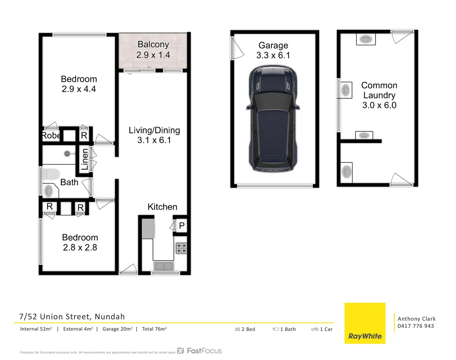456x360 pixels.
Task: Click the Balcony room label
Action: click(x=153, y=44)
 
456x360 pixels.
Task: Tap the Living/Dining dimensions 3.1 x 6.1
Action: click(x=154, y=140)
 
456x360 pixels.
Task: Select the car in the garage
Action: click(x=273, y=119)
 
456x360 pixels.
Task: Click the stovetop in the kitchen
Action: click(x=181, y=248)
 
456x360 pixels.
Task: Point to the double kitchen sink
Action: click(x=164, y=266)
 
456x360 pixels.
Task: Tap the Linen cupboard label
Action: click(x=85, y=159)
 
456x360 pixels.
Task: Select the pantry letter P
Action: click(x=182, y=226)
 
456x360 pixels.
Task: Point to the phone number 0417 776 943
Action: click(x=416, y=326)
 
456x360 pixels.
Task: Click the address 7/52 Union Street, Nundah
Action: click(x=72, y=316)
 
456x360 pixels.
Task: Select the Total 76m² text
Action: click(x=154, y=329)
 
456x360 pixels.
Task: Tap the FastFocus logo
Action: click(x=200, y=351)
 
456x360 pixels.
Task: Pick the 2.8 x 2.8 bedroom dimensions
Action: click(x=80, y=247)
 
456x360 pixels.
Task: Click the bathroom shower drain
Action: click(x=67, y=154)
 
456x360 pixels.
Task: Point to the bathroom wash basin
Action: click(x=49, y=191)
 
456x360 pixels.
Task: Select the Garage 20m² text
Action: click(x=117, y=329)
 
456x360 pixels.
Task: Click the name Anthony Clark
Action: click(x=416, y=319)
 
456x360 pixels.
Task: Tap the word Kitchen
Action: click(x=162, y=207)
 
